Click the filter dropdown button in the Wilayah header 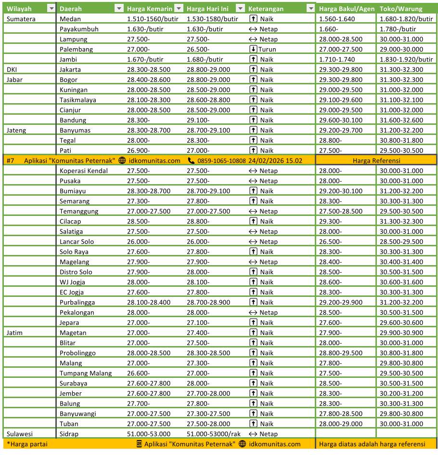coord(51,9)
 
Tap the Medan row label coord(70,19)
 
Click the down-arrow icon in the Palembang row coord(253,49)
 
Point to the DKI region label coord(12,69)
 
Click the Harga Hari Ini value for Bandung coord(198,120)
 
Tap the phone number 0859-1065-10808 coord(221,161)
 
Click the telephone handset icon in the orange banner coord(191,161)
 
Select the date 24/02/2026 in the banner coord(265,161)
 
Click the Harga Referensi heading coord(376,161)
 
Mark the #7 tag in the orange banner coord(11,161)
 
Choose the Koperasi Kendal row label coord(84,171)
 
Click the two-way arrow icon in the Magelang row coord(253,262)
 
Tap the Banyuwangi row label coord(78,414)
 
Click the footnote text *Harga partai coord(23,444)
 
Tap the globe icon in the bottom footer coord(243,444)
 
